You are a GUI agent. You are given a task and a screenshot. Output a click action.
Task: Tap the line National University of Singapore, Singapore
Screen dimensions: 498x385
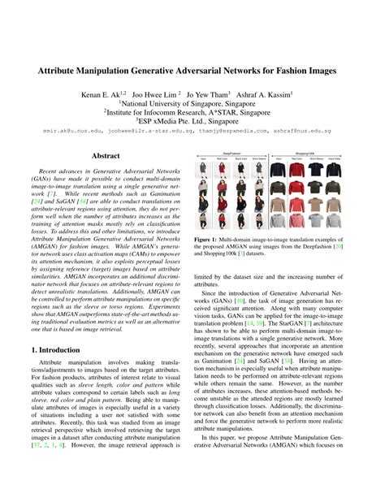tap(192, 105)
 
